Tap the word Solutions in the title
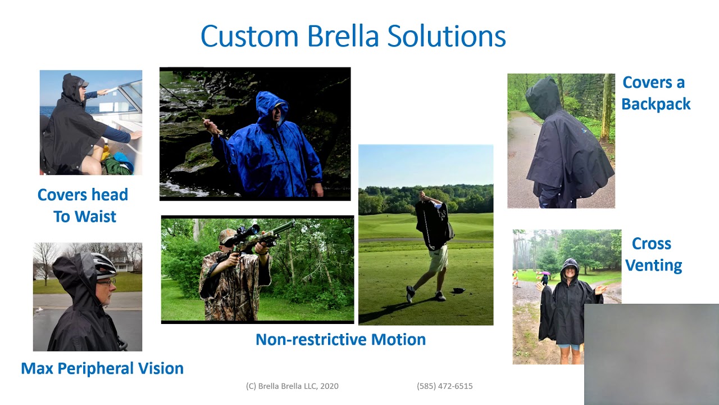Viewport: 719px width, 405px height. [447, 36]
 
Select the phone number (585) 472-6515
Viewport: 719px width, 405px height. [444, 386]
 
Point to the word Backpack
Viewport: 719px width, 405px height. [656, 104]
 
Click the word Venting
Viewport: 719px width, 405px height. [653, 265]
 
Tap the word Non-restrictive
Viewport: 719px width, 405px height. [311, 339]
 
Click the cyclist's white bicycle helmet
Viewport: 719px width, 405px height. [104, 264]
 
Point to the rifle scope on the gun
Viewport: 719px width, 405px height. [248, 233]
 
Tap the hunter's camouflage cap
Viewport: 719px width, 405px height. [226, 237]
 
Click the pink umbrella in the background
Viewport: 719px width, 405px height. [545, 273]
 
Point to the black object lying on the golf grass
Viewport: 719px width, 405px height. [459, 291]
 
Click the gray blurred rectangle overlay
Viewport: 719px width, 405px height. [652, 354]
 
